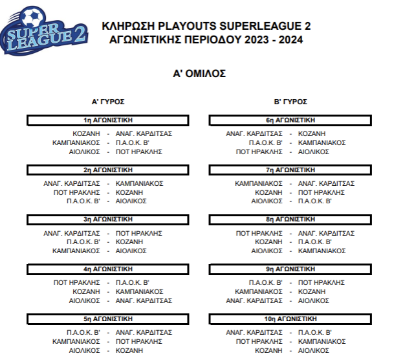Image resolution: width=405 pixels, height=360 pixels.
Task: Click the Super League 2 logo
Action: click(x=44, y=31)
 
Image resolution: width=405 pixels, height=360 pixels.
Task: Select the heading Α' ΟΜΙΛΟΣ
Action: click(x=199, y=74)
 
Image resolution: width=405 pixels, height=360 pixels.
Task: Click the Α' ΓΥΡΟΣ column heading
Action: click(x=108, y=102)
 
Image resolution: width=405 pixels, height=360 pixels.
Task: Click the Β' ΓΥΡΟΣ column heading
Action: click(x=290, y=102)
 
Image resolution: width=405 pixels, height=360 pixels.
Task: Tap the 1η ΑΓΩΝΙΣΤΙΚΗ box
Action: click(x=108, y=120)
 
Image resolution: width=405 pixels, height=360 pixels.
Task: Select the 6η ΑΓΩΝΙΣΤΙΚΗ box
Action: click(x=290, y=120)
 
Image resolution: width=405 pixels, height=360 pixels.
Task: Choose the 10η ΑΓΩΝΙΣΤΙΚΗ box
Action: click(x=290, y=319)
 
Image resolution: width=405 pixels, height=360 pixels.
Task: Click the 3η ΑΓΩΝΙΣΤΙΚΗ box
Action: click(x=108, y=219)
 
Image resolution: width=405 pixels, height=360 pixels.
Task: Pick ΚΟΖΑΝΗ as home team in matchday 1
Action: click(x=86, y=133)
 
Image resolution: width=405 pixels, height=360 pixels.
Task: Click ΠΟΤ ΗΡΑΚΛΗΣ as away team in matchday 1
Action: click(x=139, y=152)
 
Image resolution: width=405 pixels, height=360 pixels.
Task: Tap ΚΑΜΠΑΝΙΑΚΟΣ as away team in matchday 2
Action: click(x=140, y=183)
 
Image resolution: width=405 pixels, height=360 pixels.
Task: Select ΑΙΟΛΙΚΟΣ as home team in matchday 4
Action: click(x=85, y=300)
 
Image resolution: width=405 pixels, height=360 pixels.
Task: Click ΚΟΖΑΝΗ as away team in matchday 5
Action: click(x=129, y=350)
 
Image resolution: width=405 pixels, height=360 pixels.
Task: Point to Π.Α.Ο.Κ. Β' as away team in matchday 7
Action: click(x=315, y=201)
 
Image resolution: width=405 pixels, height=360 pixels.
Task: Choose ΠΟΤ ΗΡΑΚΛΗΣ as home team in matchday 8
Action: click(x=259, y=233)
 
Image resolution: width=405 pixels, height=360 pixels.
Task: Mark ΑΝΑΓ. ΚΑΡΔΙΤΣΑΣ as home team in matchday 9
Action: click(x=254, y=300)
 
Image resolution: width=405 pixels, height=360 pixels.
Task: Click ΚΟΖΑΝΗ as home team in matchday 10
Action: click(x=269, y=350)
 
